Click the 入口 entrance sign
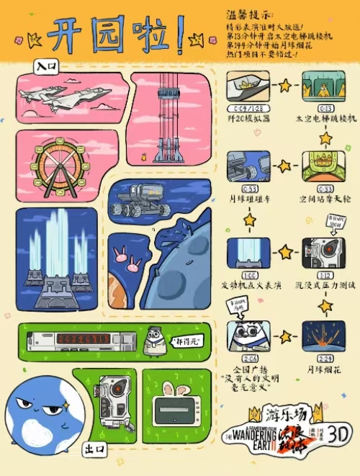pyautogui.click(x=46, y=66)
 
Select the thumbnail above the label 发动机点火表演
pyautogui.click(x=249, y=253)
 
